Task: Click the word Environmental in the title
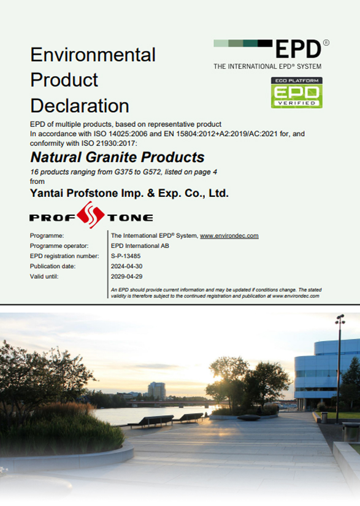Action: (x=93, y=55)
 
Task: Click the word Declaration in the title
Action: (x=80, y=105)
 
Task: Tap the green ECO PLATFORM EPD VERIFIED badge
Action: (x=297, y=93)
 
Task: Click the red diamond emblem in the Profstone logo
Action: (x=91, y=215)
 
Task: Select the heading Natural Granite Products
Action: (x=117, y=157)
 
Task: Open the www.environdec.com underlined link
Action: (x=229, y=236)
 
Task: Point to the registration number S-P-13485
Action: (x=126, y=256)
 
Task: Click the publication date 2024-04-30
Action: (x=126, y=266)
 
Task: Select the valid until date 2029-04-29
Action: (x=126, y=277)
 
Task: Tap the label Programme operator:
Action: (x=59, y=246)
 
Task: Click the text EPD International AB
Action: (x=140, y=246)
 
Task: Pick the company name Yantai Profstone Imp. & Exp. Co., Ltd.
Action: (x=129, y=193)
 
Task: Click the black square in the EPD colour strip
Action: (x=265, y=44)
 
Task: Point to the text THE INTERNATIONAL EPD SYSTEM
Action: (x=267, y=66)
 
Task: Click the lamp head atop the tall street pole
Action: (x=340, y=319)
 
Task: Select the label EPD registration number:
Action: (x=64, y=256)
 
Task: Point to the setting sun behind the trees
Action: (x=218, y=378)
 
